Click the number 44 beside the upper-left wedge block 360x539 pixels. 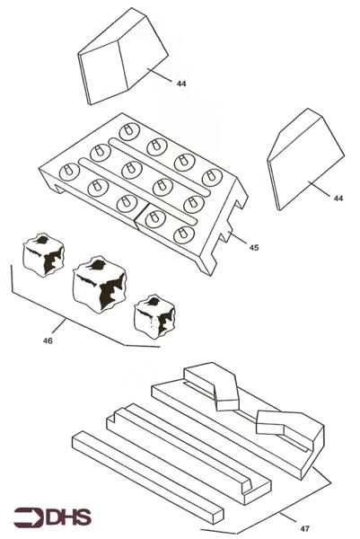coord(182,84)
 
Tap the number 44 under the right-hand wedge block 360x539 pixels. coord(338,198)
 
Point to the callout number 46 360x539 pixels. coord(48,340)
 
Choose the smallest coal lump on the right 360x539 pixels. coord(154,318)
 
